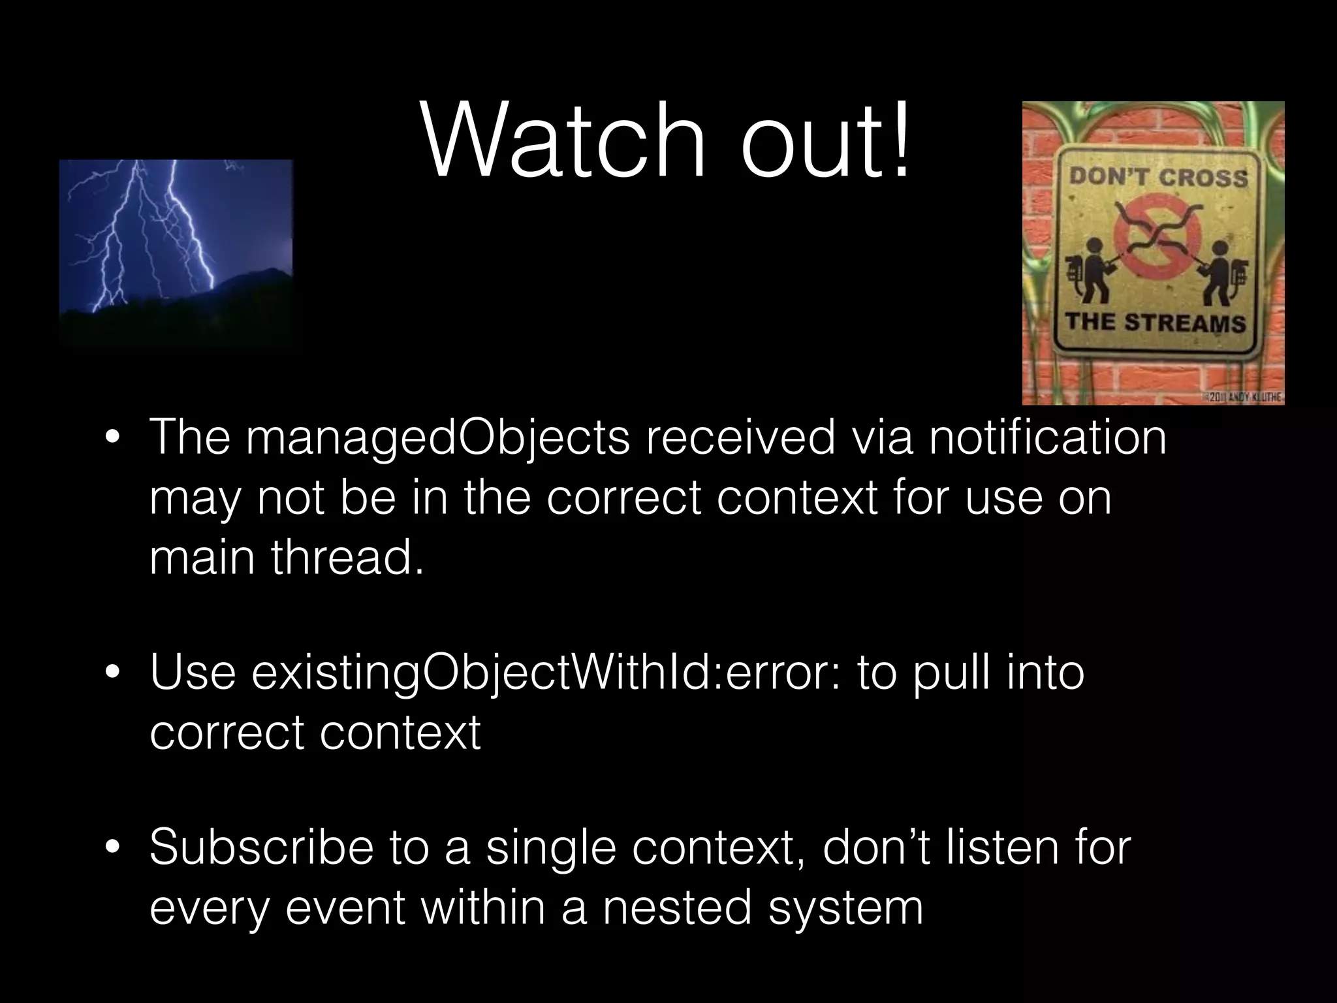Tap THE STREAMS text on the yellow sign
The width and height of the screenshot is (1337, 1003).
coord(1156,323)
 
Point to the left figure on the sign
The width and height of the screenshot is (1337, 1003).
coord(1091,271)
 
